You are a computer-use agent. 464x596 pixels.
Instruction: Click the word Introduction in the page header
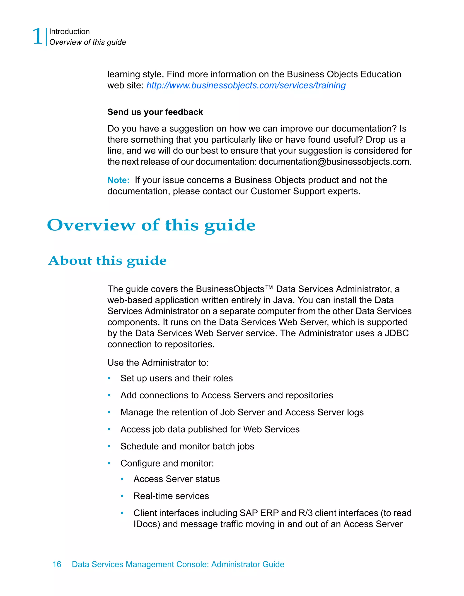pos(69,32)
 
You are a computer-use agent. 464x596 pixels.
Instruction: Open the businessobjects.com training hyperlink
pos(246,85)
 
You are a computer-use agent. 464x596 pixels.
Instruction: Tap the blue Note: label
pos(118,180)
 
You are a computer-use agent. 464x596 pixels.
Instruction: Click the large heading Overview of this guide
pos(151,225)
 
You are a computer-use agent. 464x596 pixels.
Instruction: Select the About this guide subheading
pos(107,261)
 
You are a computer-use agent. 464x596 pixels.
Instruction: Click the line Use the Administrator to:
pos(158,363)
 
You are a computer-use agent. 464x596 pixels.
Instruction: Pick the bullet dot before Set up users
pos(109,378)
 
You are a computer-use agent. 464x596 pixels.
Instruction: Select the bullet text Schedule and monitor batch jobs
pos(187,446)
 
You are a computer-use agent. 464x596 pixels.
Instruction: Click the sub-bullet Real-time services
pos(171,496)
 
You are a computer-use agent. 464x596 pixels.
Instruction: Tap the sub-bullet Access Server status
pos(176,479)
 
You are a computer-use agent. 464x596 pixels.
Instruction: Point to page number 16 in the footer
pos(57,564)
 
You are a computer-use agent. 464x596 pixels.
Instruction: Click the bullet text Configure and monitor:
pos(167,463)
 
